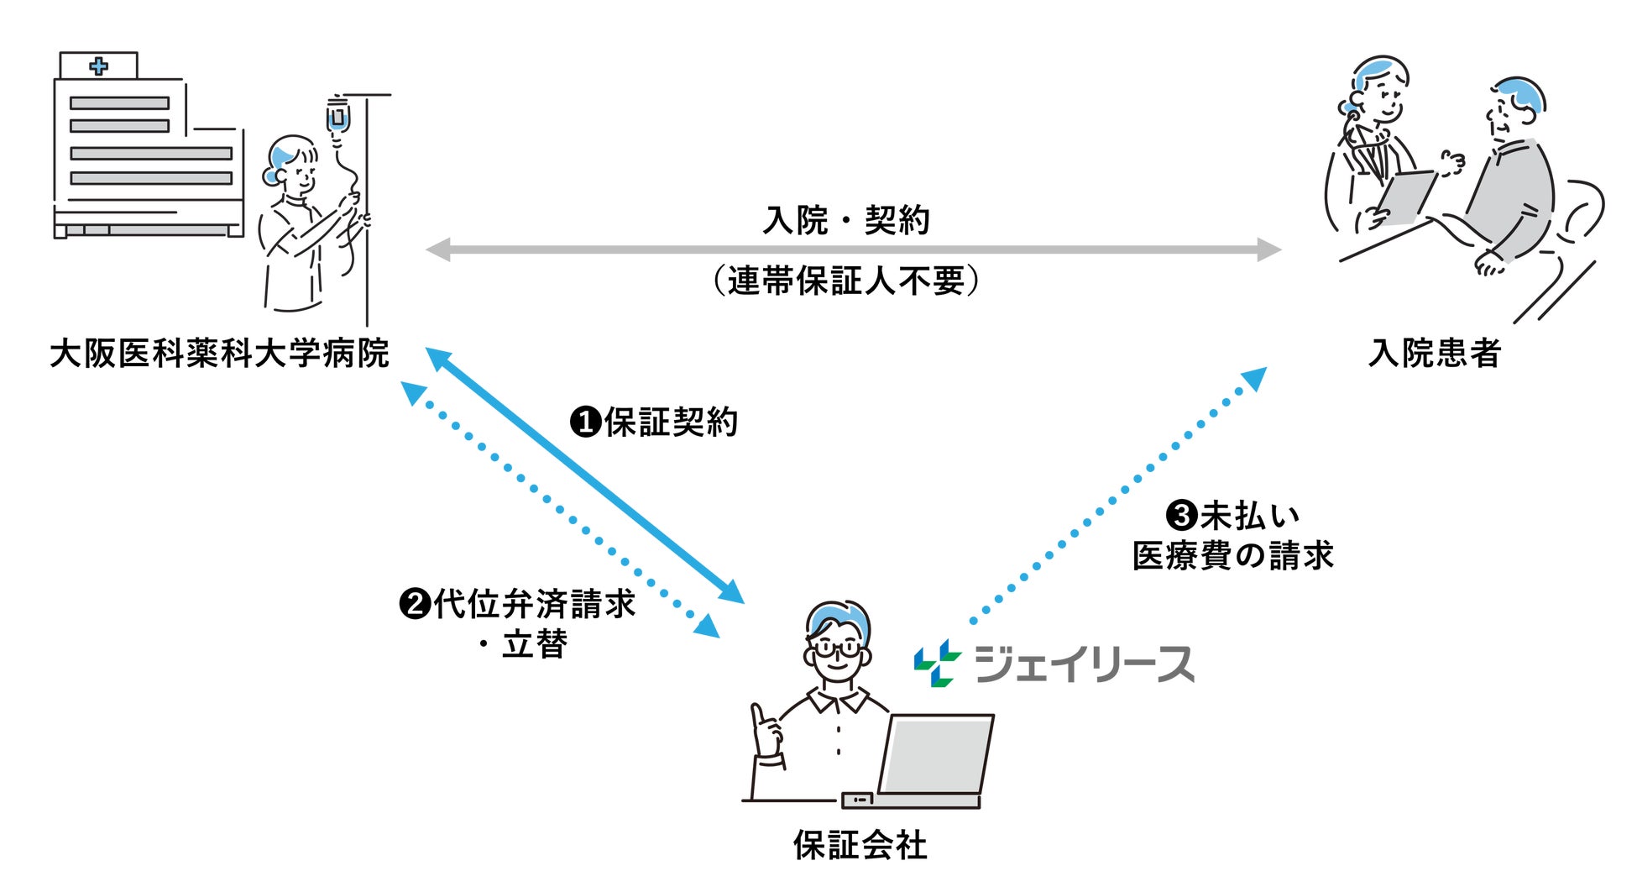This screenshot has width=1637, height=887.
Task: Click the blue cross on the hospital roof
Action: point(99,66)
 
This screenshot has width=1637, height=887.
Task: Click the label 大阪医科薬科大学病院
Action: point(219,354)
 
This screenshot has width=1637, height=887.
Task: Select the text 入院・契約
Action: point(846,220)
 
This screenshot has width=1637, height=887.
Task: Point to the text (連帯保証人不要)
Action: point(846,281)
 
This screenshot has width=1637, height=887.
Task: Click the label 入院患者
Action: point(1434,353)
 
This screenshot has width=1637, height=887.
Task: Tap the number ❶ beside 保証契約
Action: point(584,422)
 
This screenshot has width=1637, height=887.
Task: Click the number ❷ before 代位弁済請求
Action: point(415,603)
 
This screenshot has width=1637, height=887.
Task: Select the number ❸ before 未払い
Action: point(1181,514)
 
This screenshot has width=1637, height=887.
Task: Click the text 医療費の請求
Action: point(1232,555)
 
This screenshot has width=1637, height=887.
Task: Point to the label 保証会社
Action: point(860,845)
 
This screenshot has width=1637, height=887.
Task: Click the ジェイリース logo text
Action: point(1084,664)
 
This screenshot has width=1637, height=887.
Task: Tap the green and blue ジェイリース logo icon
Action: point(937,664)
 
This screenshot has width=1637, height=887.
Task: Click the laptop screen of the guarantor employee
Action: point(934,754)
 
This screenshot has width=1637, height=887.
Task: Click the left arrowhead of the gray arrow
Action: point(437,249)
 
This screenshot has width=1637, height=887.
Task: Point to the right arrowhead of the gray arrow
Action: point(1269,249)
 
